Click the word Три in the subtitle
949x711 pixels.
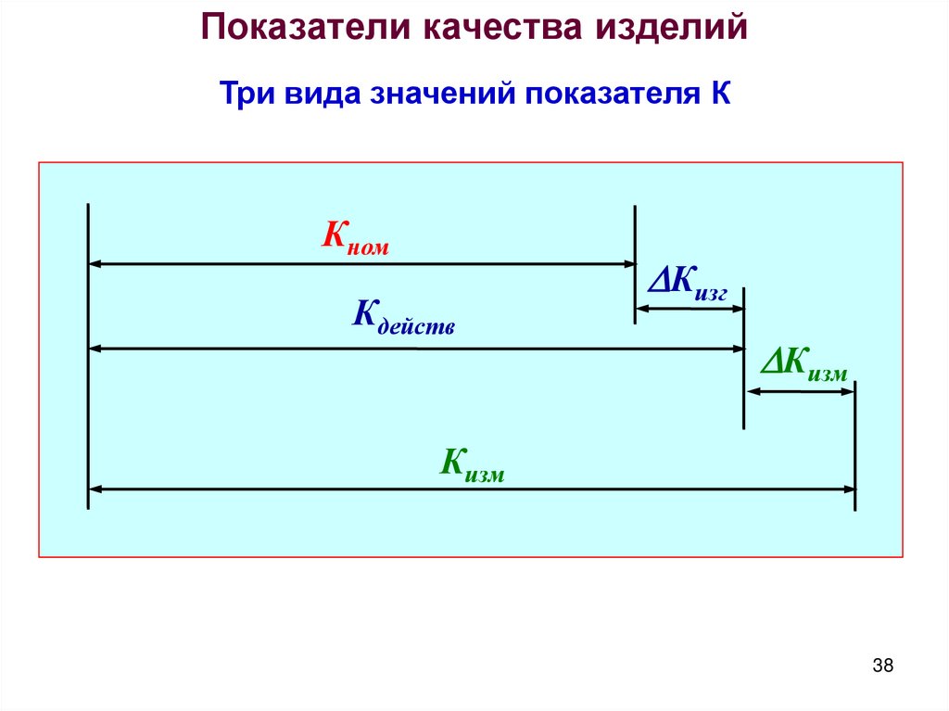click(246, 95)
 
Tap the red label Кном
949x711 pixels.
click(355, 238)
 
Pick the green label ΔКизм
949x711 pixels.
click(803, 365)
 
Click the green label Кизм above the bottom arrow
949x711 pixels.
click(471, 464)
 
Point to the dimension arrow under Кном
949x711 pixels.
click(361, 264)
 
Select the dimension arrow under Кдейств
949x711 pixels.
click(417, 349)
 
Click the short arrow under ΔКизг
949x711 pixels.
click(690, 308)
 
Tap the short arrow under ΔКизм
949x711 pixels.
click(800, 392)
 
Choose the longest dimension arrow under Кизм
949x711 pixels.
click(471, 489)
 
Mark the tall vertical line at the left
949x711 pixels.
click(88, 356)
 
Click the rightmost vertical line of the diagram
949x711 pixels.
click(854, 445)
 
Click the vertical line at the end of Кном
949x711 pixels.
click(635, 264)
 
